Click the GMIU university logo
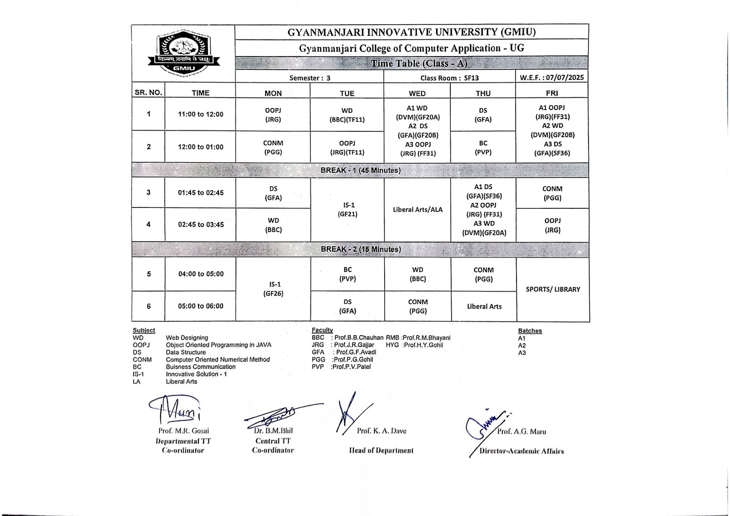183,53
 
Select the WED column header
417,93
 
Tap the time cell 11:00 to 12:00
200,114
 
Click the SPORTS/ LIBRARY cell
553,289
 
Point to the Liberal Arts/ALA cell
417,210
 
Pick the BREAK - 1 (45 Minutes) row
360,170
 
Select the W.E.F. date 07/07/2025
552,77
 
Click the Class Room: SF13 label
449,78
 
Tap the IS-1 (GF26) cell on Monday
273,289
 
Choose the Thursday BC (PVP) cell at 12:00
483,147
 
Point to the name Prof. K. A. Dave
381,431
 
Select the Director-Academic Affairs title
521,451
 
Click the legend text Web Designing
187,338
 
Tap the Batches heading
530,331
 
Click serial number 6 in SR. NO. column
149,306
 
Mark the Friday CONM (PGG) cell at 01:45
552,193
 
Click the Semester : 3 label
310,78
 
